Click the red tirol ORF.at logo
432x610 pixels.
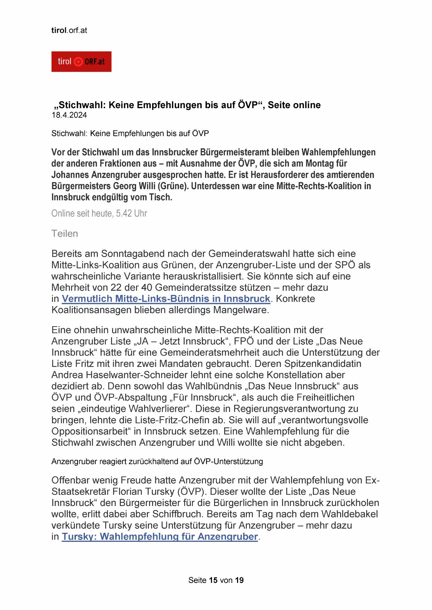pyautogui.click(x=81, y=62)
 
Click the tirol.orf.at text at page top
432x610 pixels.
pyautogui.click(x=69, y=30)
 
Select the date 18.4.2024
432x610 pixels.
pyautogui.click(x=69, y=115)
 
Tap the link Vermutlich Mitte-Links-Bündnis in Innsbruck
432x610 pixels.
pyautogui.click(x=166, y=299)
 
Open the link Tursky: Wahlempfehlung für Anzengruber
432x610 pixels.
pyautogui.click(x=160, y=536)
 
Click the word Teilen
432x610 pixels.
pyautogui.click(x=64, y=233)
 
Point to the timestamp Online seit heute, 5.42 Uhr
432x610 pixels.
pyautogui.click(x=99, y=213)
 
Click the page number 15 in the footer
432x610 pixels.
pyautogui.click(x=213, y=580)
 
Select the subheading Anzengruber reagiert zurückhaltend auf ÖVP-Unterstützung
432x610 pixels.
pyautogui.click(x=157, y=461)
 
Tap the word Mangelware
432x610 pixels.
pyautogui.click(x=241, y=310)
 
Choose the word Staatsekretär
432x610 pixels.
pyautogui.click(x=80, y=491)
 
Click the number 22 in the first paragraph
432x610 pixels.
pyautogui.click(x=116, y=288)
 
